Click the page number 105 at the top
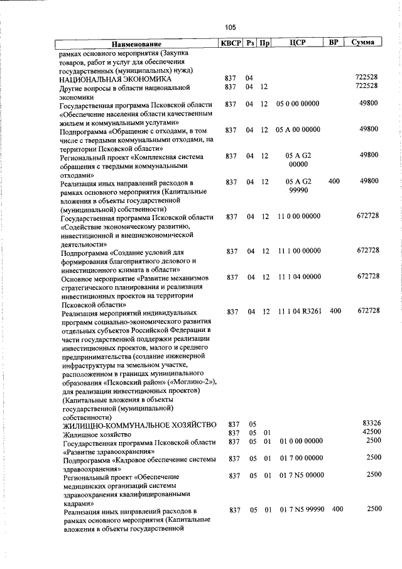click(x=230, y=27)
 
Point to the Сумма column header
click(x=364, y=43)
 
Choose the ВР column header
click(x=334, y=43)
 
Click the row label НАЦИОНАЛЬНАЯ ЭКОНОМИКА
click(x=115, y=80)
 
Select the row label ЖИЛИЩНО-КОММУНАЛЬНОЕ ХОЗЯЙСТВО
click(x=138, y=424)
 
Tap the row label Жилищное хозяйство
click(x=96, y=434)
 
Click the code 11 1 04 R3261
click(x=299, y=311)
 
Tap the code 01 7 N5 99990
click(x=302, y=508)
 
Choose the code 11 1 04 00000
click(x=298, y=277)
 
